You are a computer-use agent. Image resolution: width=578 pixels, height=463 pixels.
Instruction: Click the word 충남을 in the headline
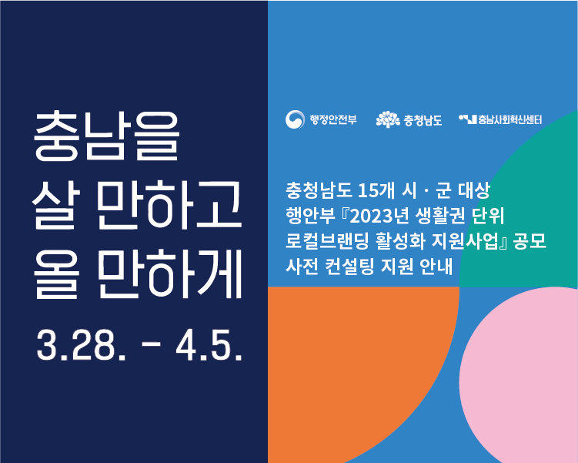pyautogui.click(x=107, y=136)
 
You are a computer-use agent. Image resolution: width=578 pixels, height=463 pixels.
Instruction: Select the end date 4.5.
pyautogui.click(x=209, y=346)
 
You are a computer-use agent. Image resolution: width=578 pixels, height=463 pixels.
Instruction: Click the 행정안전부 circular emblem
pyautogui.click(x=295, y=119)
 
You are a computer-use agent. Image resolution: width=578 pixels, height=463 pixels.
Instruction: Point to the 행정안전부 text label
pyautogui.click(x=332, y=119)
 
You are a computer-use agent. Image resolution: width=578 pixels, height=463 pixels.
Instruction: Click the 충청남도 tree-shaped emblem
pyautogui.click(x=388, y=119)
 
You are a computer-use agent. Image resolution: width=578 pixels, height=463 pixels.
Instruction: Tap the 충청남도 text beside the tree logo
pyautogui.click(x=423, y=120)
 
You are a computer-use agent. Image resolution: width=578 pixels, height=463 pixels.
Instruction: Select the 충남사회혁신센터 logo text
pyautogui.click(x=510, y=119)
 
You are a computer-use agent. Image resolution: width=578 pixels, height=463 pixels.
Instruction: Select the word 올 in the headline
pyautogui.click(x=56, y=273)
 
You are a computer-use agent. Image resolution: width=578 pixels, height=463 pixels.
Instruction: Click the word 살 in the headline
pyautogui.click(x=55, y=205)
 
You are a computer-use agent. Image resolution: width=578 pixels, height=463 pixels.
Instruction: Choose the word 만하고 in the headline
pyautogui.click(x=169, y=205)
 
